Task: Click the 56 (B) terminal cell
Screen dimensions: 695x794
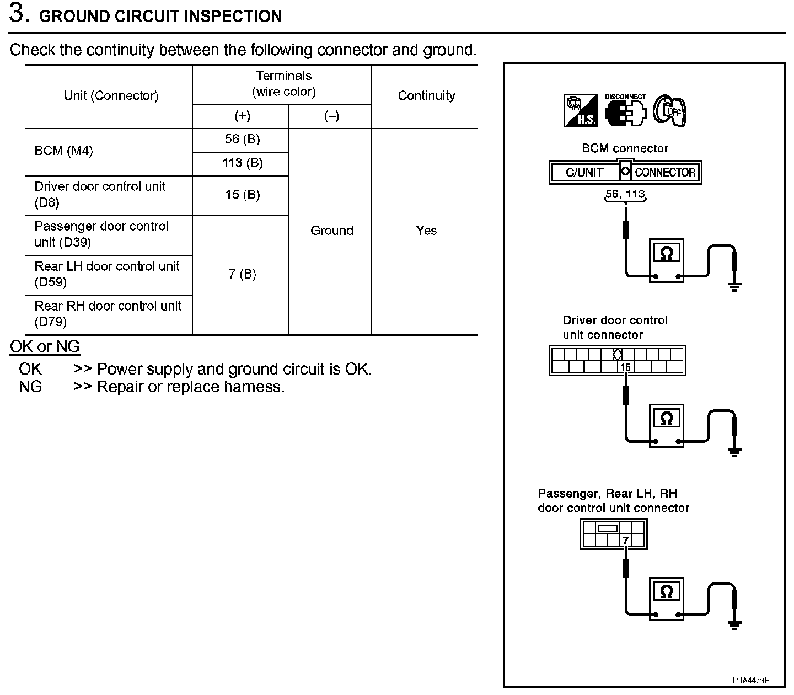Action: point(242,140)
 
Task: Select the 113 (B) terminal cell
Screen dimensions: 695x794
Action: point(242,163)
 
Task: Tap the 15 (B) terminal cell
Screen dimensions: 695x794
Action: point(242,195)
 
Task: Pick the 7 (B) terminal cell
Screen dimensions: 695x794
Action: point(242,274)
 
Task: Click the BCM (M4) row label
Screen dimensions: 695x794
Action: point(63,151)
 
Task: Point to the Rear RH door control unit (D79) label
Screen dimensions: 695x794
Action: point(108,314)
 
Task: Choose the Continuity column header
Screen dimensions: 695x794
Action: point(426,96)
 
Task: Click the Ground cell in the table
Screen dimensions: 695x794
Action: point(331,231)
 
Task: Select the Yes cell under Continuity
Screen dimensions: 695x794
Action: point(426,231)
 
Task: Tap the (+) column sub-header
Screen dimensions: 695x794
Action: point(242,116)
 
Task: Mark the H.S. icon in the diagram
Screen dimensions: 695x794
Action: point(581,110)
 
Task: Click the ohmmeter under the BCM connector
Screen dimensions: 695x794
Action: point(667,260)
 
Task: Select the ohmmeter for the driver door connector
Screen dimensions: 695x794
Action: point(667,425)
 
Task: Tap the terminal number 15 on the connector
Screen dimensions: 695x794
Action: point(625,367)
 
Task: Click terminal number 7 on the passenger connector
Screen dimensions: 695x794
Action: point(626,541)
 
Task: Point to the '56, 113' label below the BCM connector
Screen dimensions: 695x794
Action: point(625,194)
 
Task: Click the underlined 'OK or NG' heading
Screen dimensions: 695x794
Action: point(45,347)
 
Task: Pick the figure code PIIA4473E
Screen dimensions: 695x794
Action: point(750,681)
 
